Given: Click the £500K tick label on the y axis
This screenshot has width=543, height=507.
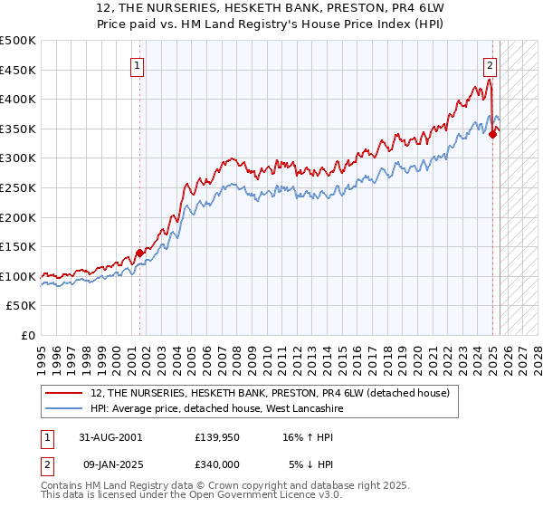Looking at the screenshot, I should pos(18,41).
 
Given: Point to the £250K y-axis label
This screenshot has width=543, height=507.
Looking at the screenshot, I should pos(18,187).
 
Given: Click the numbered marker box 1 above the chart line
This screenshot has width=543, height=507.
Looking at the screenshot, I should pos(137,64).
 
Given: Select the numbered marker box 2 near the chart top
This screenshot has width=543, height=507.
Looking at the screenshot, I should pos(490,64).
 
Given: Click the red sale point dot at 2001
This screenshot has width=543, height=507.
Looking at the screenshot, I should pos(140,253).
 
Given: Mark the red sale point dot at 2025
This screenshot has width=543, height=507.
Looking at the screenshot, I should pos(493,135).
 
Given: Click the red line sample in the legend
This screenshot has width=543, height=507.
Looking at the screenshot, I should pos(65,392).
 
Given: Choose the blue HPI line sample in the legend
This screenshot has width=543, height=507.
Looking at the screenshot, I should pos(65,408).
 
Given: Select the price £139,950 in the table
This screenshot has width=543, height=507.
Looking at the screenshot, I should pos(217,436).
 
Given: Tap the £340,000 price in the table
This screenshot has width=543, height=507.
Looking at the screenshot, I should pos(217,464).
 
